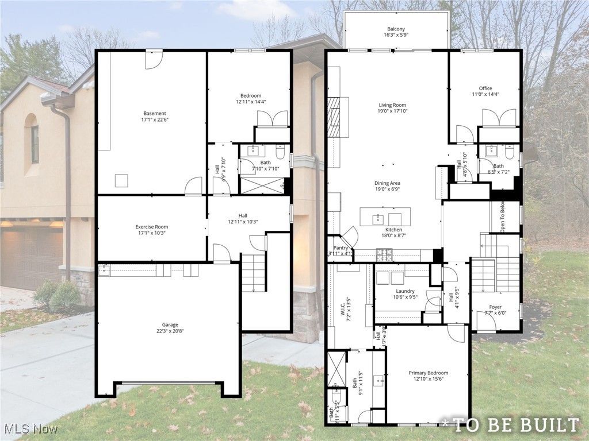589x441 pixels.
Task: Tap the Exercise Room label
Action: (x=152, y=227)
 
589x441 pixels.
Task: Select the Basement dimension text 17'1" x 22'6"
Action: (x=155, y=120)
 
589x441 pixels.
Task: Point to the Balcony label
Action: (x=395, y=29)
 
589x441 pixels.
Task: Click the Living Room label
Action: (x=392, y=105)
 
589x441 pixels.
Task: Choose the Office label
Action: (x=485, y=88)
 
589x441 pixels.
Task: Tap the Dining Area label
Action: (x=387, y=184)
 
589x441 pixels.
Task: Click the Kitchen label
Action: (x=393, y=230)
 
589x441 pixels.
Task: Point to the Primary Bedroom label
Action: (x=429, y=373)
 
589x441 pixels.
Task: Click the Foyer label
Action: (x=495, y=307)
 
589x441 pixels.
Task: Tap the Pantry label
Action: (x=341, y=247)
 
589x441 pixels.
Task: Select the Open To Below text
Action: (x=502, y=216)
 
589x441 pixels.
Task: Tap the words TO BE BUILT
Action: (x=515, y=425)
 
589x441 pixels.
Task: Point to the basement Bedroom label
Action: (x=251, y=95)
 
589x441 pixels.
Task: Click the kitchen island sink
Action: (x=378, y=218)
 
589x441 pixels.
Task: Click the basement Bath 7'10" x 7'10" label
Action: (x=266, y=163)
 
